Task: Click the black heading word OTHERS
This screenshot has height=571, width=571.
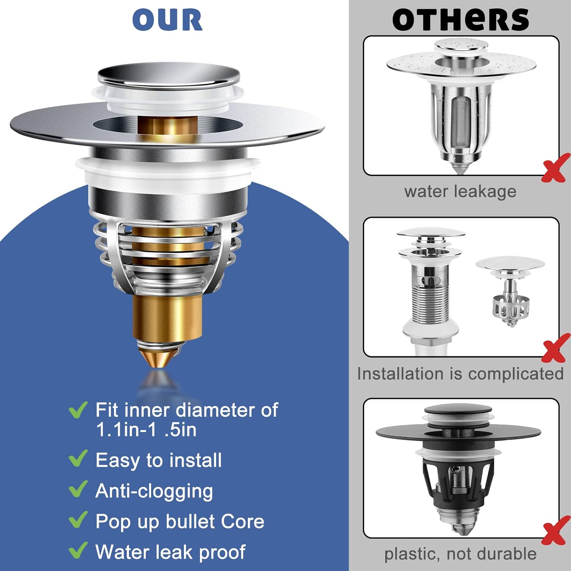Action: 461,20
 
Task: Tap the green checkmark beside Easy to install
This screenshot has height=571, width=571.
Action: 78,458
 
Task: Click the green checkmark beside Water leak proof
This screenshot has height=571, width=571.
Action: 78,550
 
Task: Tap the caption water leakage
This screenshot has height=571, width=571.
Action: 460,191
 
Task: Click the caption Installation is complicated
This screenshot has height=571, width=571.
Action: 460,374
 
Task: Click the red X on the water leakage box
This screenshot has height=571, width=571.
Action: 555,168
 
